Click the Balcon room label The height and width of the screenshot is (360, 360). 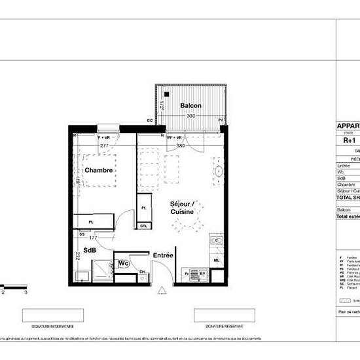pos(190,105)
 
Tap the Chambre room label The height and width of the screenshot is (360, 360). pos(99,170)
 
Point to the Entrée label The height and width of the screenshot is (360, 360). pos(162,255)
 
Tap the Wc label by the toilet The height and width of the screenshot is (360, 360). pos(122,263)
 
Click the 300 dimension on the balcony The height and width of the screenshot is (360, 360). pos(190,116)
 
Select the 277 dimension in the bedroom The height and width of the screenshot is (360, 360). pos(103,145)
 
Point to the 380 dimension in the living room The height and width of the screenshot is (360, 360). pos(181,146)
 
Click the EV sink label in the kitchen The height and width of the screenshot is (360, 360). pos(202,272)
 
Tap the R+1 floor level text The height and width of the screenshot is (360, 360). pos(349,139)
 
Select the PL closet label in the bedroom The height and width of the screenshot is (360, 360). pos(92,223)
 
